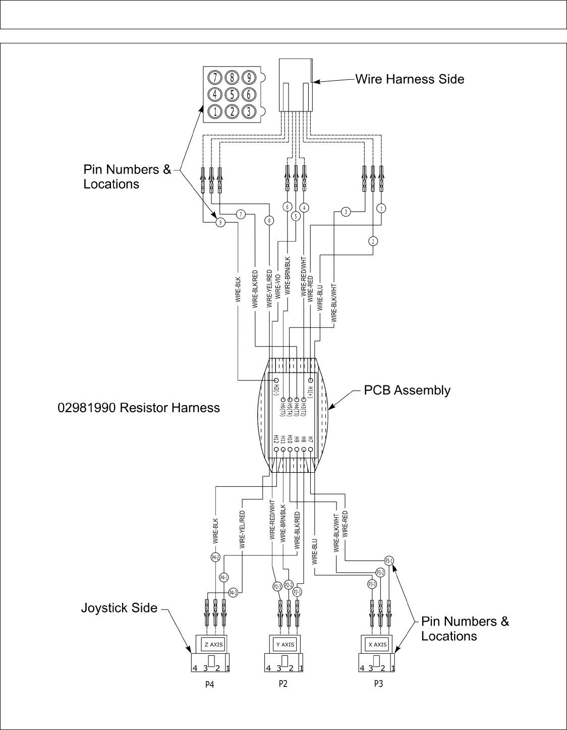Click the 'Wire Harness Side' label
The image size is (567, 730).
(410, 79)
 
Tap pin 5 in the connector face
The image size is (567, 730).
(232, 94)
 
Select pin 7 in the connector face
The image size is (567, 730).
(215, 77)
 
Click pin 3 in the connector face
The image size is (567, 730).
(248, 111)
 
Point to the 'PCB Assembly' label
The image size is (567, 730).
(407, 390)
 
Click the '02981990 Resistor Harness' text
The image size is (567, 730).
(139, 408)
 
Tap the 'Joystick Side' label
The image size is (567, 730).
(119, 608)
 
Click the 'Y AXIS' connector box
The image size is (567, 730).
(285, 644)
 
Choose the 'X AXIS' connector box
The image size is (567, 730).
(377, 644)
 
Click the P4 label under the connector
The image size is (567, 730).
(209, 685)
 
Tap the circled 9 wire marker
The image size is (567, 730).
(220, 222)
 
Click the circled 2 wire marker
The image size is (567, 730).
(373, 241)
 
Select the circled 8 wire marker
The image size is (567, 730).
(270, 220)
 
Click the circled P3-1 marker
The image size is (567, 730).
(389, 560)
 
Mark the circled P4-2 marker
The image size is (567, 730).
(215, 557)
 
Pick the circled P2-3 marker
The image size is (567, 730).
(277, 586)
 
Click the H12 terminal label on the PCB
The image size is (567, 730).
(276, 439)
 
